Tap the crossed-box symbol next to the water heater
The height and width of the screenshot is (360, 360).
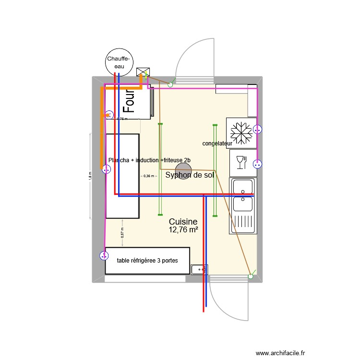142,72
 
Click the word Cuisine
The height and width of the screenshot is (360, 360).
183,222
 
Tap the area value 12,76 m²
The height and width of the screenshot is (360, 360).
183,230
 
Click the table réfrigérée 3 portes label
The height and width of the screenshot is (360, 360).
147,261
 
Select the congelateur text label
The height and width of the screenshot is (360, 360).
217,144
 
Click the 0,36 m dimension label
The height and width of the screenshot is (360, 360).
149,176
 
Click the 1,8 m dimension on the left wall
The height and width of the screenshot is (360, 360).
89,176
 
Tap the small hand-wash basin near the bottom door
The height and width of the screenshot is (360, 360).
198,270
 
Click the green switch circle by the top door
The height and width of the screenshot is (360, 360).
170,85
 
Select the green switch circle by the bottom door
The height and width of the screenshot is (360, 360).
250,276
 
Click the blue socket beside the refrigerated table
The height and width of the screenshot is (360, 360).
103,256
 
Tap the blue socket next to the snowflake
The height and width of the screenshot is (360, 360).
258,129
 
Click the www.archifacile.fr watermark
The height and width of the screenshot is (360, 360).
280,353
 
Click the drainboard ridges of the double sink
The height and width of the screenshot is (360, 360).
244,221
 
